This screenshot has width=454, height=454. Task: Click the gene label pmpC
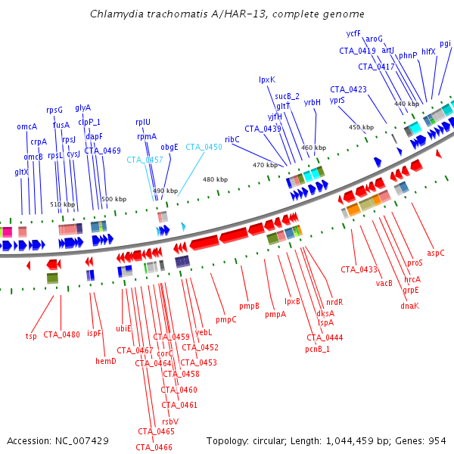pos(225,319)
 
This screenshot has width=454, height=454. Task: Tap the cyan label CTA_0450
pos(204,147)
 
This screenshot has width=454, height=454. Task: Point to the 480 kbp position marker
pos(215,179)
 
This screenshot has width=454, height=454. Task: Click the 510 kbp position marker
pos(63,204)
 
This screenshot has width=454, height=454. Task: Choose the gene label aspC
pos(436,252)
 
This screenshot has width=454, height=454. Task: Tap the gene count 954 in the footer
pos(436,440)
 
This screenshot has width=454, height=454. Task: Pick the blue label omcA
pos(26,126)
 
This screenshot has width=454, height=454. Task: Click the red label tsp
pos(31,336)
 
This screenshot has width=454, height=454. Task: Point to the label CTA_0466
pos(154,447)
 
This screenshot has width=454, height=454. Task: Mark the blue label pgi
pos(445,43)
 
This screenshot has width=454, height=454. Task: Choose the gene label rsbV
pos(169,421)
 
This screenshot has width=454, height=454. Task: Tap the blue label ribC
pos(232,139)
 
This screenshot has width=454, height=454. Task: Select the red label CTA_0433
pos(358,269)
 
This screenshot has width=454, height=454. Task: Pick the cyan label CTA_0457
pos(145,160)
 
